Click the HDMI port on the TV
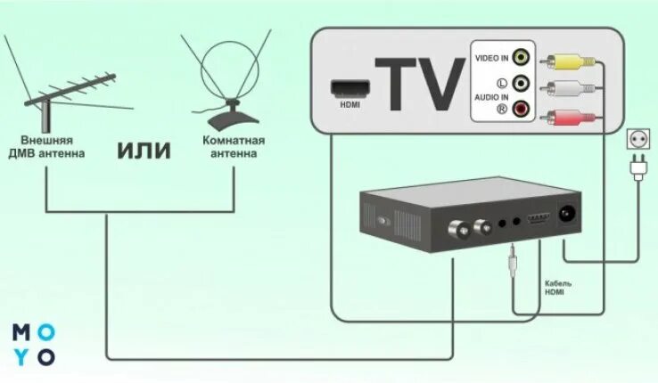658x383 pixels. (346, 88)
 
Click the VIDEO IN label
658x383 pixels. (491, 59)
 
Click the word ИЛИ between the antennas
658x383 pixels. (144, 149)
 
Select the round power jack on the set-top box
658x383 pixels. (564, 213)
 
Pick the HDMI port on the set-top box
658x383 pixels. (537, 219)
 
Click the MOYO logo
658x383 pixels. (34, 344)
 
